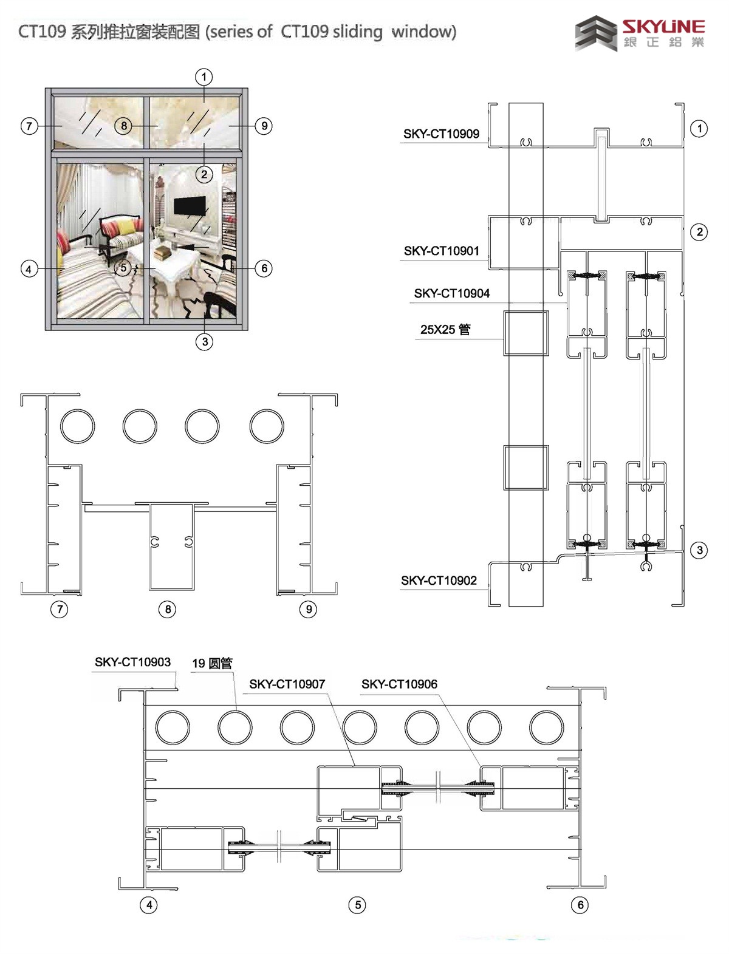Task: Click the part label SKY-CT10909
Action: click(x=441, y=134)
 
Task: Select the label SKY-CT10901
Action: click(x=441, y=250)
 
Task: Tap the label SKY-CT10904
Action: click(x=451, y=293)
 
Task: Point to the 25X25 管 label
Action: click(x=445, y=330)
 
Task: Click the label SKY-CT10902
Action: click(x=439, y=581)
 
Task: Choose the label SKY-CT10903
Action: click(x=132, y=662)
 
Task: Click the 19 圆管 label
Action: click(x=212, y=664)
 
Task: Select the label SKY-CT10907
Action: click(x=287, y=684)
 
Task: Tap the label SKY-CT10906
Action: click(x=399, y=684)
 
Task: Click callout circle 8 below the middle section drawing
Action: click(x=167, y=609)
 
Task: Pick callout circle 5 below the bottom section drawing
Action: click(x=357, y=905)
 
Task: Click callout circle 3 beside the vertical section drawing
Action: click(x=700, y=550)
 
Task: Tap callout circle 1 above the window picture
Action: click(x=204, y=77)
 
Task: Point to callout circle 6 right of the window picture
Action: click(x=263, y=268)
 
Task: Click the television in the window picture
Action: click(x=187, y=206)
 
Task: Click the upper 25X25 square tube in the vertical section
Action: click(x=525, y=333)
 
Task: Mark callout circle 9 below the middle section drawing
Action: click(x=309, y=609)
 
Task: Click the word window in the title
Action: click(x=423, y=31)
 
